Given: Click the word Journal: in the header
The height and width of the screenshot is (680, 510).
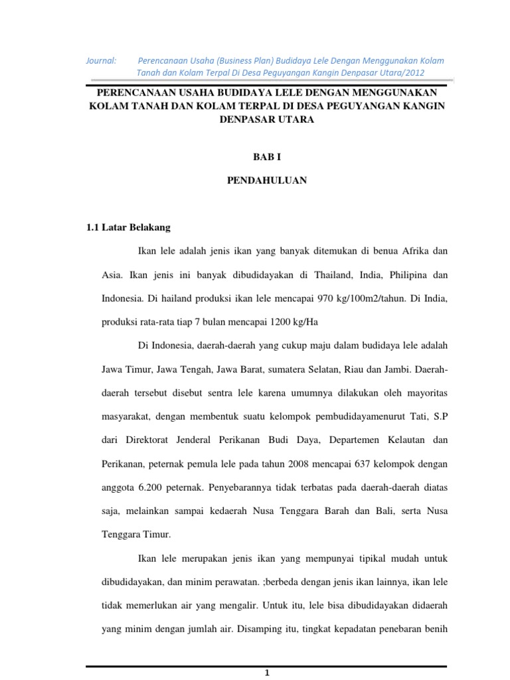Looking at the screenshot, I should point(101,60).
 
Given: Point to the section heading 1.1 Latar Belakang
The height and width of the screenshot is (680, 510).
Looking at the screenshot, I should point(128,227).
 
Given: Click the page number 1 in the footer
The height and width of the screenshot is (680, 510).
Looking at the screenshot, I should point(266,673).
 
